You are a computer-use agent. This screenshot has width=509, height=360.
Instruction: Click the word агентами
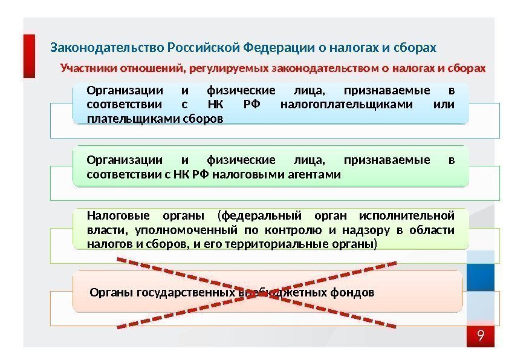(x=317, y=175)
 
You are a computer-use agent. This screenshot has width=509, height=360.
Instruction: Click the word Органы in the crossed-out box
(x=108, y=293)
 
